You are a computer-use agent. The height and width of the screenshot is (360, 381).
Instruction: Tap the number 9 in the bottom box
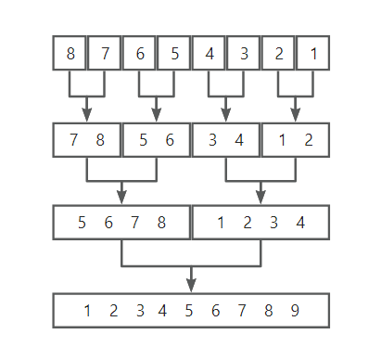pos(295,310)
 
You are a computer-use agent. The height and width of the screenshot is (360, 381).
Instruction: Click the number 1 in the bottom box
pos(87,310)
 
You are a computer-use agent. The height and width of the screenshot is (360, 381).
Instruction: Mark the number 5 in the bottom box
pos(189,310)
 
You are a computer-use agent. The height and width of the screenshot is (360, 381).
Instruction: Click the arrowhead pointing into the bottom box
pos(191,286)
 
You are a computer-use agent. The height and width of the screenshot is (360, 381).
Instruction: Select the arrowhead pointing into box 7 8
pos(87,115)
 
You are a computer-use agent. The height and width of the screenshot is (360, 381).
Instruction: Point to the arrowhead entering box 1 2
pos(296,115)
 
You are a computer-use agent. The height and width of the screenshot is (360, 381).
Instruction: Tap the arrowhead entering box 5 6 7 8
pos(121,198)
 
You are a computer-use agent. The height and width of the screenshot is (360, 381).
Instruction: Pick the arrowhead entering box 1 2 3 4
pos(260,198)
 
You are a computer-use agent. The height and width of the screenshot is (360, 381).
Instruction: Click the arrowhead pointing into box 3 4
pos(226,115)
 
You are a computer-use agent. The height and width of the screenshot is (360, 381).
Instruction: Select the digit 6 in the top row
pos(140,54)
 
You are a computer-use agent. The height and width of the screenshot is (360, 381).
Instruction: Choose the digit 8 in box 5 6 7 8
pos(161,223)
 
